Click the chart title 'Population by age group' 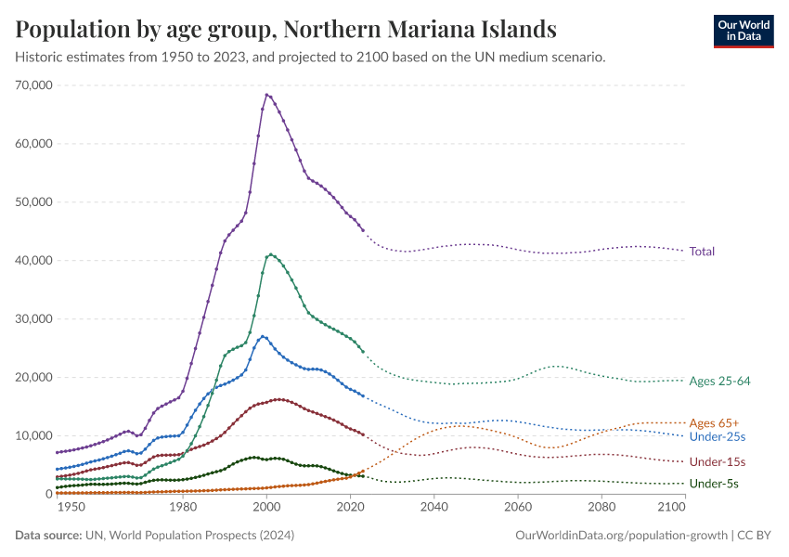pos(286,29)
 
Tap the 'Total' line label pos(702,251)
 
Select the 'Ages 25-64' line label pos(718,381)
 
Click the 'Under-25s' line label pos(717,436)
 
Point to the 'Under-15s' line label pos(717,461)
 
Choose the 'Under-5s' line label pos(714,484)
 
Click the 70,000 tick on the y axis pos(33,85)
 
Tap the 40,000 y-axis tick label pos(33,261)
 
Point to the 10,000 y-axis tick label pos(33,436)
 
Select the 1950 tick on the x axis pos(71,507)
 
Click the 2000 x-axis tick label pos(266,507)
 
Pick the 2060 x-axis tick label pos(518,507)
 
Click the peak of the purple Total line pos(266,95)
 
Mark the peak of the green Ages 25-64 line pos(270,254)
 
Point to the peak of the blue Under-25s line pos(263,336)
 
